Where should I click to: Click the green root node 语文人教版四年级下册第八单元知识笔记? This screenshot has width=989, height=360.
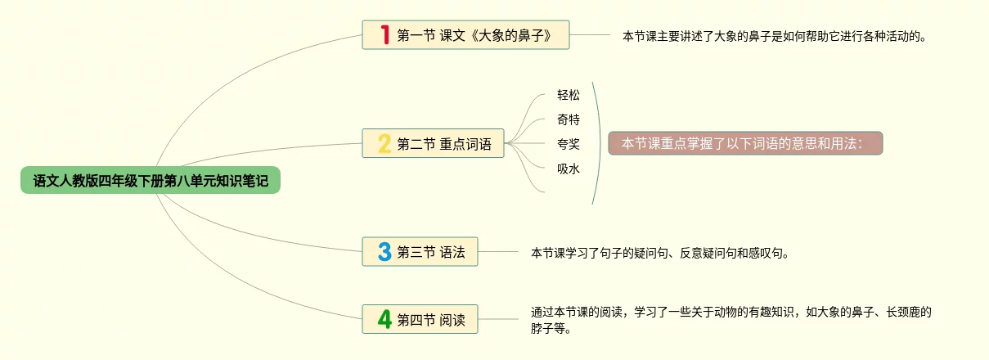click(x=151, y=180)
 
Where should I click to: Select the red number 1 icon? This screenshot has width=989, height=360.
click(x=384, y=34)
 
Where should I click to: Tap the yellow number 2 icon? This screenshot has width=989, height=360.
click(x=384, y=144)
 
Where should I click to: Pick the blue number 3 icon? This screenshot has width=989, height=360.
click(x=384, y=252)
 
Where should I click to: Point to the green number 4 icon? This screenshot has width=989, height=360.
click(x=384, y=319)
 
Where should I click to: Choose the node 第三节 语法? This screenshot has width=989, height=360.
click(x=430, y=253)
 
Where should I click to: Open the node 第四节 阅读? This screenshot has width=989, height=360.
click(x=430, y=320)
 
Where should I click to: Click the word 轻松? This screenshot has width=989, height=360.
click(x=569, y=95)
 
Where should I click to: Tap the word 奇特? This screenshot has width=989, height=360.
click(x=569, y=119)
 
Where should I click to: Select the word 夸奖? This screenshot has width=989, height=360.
click(x=569, y=144)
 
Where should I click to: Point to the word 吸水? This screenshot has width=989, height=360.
click(x=569, y=169)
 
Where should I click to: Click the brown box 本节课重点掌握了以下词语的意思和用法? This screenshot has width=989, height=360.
click(x=745, y=144)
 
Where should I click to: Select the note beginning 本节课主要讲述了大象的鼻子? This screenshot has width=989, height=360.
click(x=775, y=36)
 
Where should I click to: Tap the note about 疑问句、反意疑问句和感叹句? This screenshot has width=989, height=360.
click(x=660, y=253)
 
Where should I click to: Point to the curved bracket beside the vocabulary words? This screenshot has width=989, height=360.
click(x=597, y=144)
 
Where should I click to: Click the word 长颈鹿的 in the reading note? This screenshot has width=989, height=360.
click(x=907, y=312)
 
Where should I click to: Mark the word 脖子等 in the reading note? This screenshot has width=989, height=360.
click(x=551, y=330)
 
